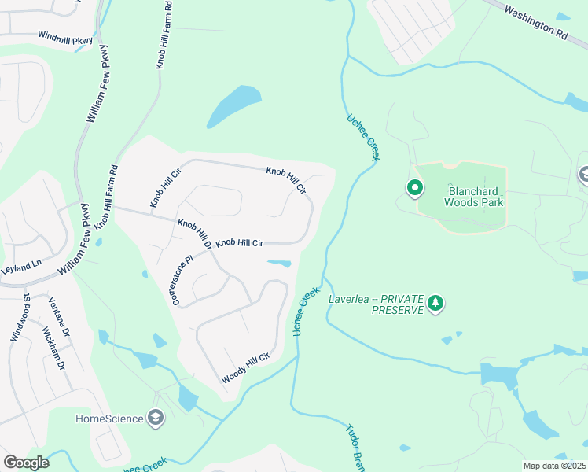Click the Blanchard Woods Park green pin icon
coord(414,188)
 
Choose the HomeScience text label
coord(109,419)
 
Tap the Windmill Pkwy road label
coord(66,37)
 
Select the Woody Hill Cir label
coord(245,368)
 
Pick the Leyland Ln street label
coord(20,268)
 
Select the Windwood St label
coord(20,318)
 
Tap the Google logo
coord(26,463)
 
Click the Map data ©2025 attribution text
coord(554,466)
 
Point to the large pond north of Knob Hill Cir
coord(234,106)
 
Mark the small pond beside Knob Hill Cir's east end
coord(281,264)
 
